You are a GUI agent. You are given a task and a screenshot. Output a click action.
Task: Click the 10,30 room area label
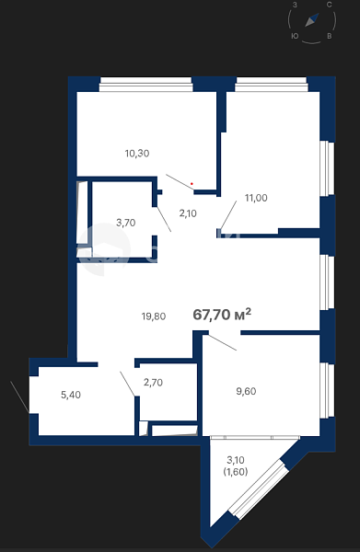tap(137, 154)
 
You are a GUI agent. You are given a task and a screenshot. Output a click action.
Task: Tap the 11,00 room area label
tap(256, 198)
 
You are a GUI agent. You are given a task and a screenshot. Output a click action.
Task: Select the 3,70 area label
tap(126, 223)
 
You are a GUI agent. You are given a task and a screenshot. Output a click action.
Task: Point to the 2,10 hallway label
tap(188, 213)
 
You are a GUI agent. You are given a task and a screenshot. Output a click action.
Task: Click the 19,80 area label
tap(154, 316)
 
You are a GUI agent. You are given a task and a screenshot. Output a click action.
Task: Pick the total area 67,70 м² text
tap(222, 314)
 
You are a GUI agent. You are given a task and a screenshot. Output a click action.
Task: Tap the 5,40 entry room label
tap(71, 395)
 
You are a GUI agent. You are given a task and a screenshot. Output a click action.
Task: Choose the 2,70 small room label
tap(153, 383)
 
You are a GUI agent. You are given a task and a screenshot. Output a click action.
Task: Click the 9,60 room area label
tap(246, 392)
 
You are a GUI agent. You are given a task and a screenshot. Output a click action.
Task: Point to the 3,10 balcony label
tap(236, 460)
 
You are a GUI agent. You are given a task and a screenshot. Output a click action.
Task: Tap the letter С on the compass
tap(329, 5)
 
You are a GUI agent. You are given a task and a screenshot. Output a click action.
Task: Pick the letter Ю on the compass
tap(295, 36)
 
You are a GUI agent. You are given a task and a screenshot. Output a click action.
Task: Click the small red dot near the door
tap(192, 184)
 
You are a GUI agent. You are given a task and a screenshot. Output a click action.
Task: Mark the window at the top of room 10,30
tap(145, 85)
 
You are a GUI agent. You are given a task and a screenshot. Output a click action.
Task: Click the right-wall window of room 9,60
tap(327, 390)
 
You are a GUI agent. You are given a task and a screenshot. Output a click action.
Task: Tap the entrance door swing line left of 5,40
tap(19, 397)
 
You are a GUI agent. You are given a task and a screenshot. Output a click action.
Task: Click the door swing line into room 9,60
tap(222, 342)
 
